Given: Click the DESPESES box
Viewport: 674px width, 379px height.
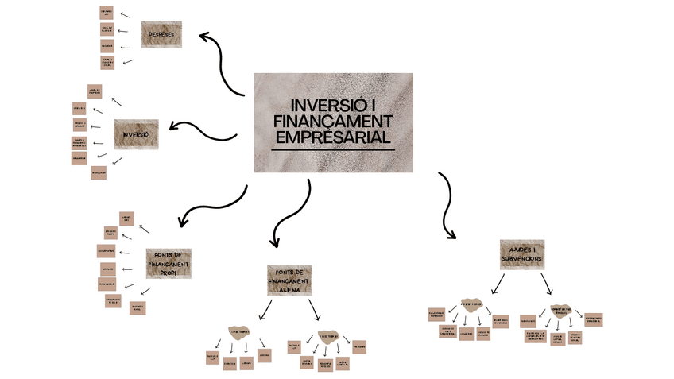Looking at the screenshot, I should click(x=161, y=34).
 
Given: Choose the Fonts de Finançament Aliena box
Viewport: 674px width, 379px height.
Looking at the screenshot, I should click(x=289, y=280).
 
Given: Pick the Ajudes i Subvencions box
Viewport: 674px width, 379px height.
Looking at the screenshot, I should click(x=521, y=254).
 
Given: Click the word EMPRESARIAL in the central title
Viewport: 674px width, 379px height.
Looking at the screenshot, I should click(x=333, y=137).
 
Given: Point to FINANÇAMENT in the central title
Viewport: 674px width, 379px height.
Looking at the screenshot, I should click(x=333, y=121).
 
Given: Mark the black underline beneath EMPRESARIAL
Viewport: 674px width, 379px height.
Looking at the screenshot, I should click(x=333, y=149).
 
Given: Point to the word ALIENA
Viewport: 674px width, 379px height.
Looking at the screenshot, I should click(x=289, y=290).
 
